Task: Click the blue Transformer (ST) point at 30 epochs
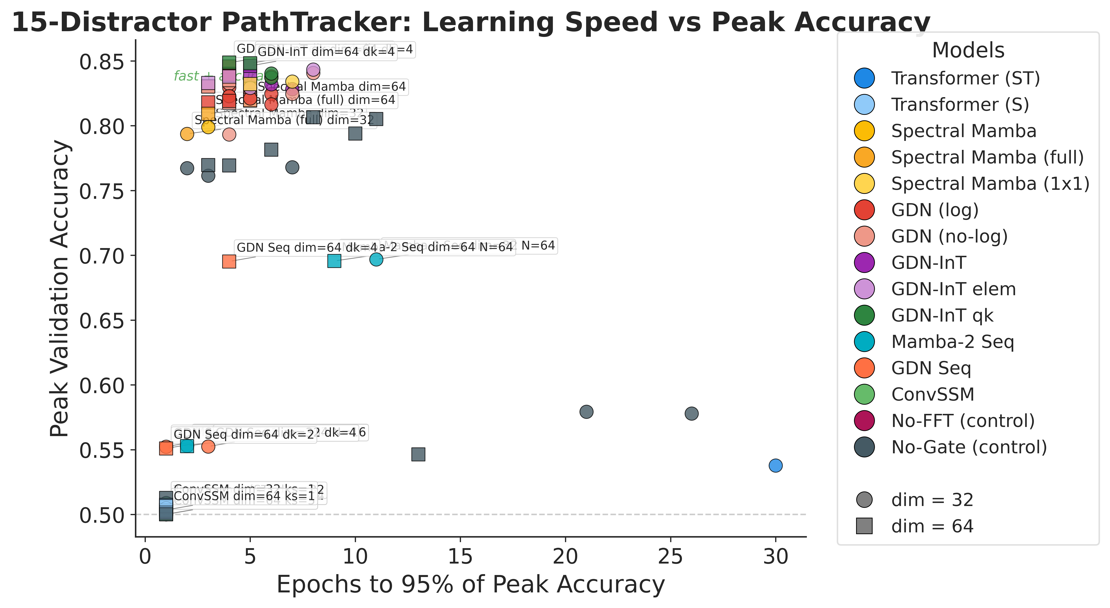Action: coord(775,466)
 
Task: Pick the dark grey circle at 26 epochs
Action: coord(691,414)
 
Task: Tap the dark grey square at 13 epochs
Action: coord(418,454)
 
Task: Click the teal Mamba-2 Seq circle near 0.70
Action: coord(376,259)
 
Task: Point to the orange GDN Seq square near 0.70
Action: coord(229,261)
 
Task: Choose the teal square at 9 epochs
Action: coord(334,261)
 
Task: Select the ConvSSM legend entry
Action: coord(932,394)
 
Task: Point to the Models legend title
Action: coord(968,50)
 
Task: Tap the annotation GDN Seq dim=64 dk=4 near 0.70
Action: coord(307,248)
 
